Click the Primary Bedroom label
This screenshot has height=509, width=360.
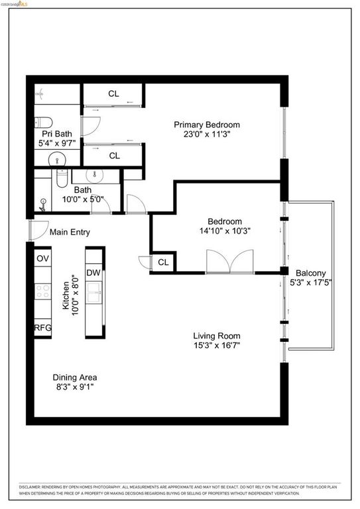[207, 125]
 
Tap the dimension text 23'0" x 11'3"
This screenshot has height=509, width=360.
[207, 134]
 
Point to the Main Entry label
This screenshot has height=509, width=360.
[70, 233]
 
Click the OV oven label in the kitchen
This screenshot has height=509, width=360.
[42, 258]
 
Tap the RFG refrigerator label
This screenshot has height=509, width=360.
[42, 327]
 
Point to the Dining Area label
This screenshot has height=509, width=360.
[74, 377]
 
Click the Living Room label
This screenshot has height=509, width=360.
[217, 335]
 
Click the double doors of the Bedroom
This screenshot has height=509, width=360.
[229, 262]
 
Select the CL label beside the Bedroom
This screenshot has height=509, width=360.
[163, 262]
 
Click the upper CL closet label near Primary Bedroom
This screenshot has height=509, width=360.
[114, 93]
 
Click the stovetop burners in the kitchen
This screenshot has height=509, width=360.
[42, 293]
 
